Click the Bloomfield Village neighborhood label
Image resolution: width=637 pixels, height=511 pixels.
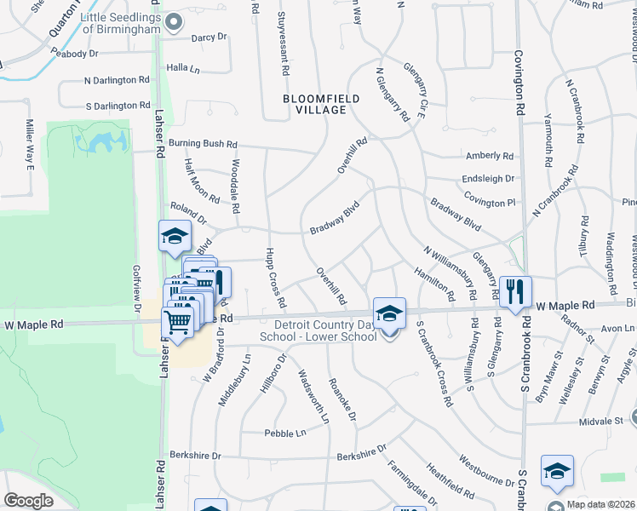coord(315,104)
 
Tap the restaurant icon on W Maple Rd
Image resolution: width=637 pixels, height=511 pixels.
coord(514,291)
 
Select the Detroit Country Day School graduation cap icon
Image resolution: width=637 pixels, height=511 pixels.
coord(389,313)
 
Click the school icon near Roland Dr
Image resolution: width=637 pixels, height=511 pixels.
coord(175,237)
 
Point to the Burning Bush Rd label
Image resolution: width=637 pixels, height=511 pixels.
coord(203,145)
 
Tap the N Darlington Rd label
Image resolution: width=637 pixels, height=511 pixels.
coord(117,80)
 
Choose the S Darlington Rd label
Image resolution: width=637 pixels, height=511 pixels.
coord(118,106)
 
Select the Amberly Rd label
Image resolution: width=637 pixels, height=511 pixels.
coord(490,157)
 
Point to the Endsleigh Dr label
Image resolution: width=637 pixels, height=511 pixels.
coord(489,179)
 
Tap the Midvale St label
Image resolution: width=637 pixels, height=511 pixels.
coord(601,421)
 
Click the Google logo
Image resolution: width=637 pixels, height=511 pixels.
coord(28,500)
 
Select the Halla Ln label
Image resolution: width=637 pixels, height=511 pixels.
coord(182,67)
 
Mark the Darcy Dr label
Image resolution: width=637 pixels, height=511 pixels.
coord(208,37)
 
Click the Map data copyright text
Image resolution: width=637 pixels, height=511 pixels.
coord(601,503)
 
